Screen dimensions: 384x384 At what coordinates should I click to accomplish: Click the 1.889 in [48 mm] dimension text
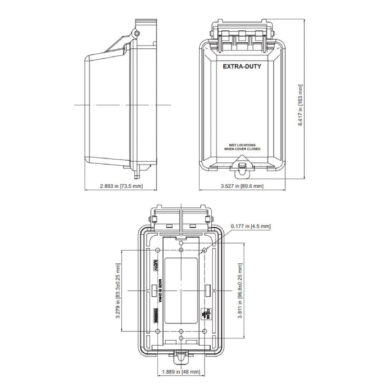pos(181,371)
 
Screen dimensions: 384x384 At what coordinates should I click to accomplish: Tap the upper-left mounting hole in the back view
pos(158,250)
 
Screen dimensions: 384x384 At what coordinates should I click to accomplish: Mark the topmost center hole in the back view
pos(181,240)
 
